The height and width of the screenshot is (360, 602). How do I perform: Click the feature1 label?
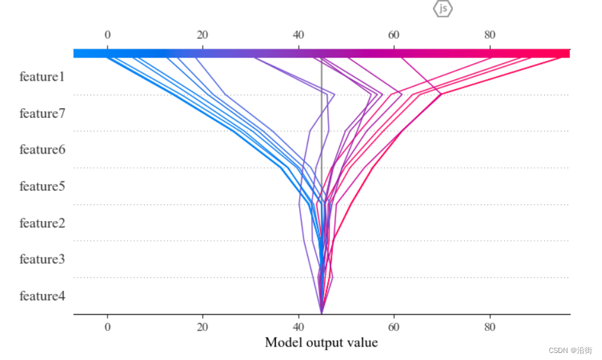point(42,77)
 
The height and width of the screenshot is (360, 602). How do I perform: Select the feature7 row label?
point(42,114)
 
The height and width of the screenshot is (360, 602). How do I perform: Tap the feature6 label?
point(42,149)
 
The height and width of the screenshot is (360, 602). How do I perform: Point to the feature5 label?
point(42,186)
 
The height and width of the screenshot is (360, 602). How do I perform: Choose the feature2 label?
point(42,223)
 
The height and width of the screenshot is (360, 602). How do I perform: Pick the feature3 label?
point(42,259)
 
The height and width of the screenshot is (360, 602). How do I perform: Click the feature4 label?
point(42,296)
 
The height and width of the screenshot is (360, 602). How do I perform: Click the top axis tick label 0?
point(108,35)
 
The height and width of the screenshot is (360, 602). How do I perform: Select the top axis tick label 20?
point(202,35)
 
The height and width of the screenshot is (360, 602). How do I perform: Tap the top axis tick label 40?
point(298,35)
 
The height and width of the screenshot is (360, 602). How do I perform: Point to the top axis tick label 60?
point(393,35)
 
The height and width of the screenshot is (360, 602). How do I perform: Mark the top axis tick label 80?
point(489,35)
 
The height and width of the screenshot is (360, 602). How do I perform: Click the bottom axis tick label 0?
point(108,327)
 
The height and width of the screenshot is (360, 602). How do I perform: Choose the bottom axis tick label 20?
point(202,327)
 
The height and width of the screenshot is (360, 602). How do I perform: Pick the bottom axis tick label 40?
point(298,327)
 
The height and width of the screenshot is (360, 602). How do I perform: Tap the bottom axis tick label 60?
point(393,327)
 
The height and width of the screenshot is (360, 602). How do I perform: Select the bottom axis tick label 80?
point(489,327)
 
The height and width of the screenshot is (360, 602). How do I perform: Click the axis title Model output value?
point(321,343)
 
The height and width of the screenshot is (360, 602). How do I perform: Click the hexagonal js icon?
point(443,8)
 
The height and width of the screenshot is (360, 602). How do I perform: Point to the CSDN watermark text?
point(571,350)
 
